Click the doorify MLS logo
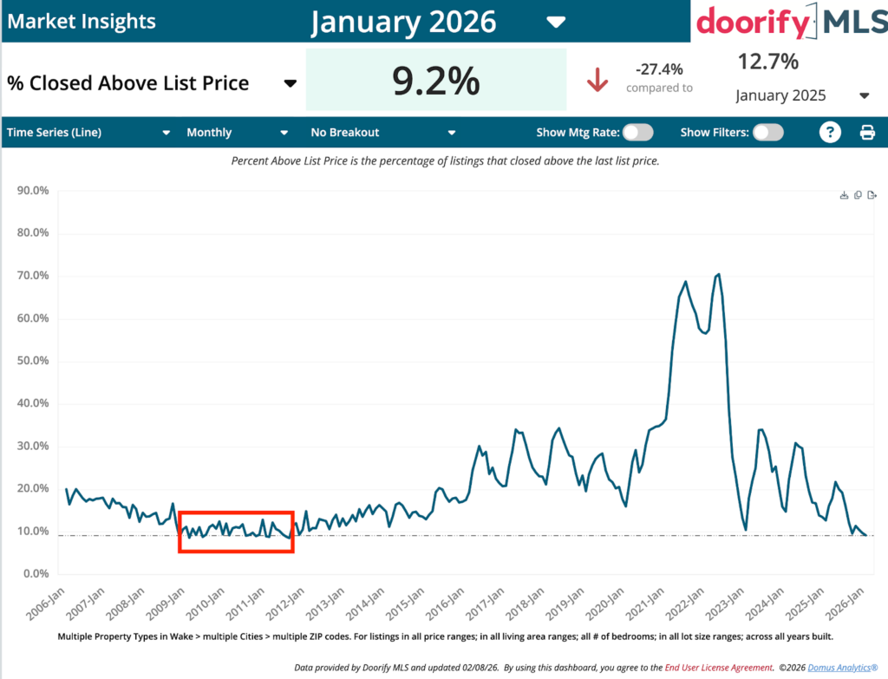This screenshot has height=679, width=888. click(x=791, y=21)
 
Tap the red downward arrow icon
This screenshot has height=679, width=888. click(x=597, y=80)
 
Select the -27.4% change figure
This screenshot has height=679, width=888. click(x=659, y=69)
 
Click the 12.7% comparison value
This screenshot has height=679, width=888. click(x=767, y=62)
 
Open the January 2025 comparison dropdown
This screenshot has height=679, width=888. click(x=802, y=95)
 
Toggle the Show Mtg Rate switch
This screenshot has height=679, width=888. click(x=637, y=132)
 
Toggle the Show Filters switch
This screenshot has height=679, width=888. click(x=767, y=132)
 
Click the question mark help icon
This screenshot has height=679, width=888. click(x=831, y=132)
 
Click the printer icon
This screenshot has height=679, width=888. click(x=867, y=133)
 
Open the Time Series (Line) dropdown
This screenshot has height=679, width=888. click(x=88, y=133)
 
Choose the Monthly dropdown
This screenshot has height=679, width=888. click(x=237, y=133)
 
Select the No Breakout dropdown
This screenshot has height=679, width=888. click(x=382, y=133)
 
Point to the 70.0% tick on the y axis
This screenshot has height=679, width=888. click(x=28, y=276)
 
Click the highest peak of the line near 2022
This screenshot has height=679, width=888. click(x=719, y=274)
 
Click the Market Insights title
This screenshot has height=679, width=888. click(x=82, y=21)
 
